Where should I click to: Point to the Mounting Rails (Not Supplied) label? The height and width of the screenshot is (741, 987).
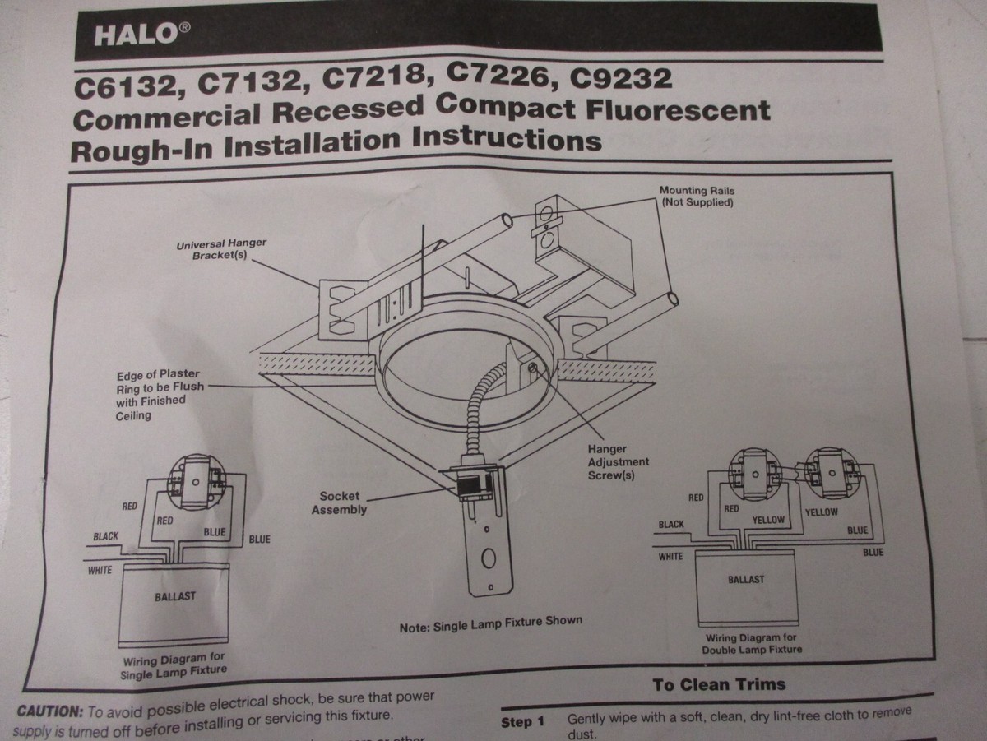[697, 196]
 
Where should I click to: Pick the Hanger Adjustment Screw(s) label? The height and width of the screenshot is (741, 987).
[618, 462]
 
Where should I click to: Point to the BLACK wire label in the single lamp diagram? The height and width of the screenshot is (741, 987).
[106, 536]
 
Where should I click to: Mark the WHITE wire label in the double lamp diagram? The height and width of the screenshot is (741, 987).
[670, 557]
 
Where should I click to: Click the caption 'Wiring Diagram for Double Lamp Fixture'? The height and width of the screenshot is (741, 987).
[751, 643]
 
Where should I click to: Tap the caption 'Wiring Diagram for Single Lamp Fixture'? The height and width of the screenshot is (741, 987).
[174, 667]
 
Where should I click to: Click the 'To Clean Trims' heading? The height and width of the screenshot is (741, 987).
[719, 684]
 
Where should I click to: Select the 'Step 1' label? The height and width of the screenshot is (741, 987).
[522, 723]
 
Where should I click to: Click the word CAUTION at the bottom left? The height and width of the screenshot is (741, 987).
[50, 711]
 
